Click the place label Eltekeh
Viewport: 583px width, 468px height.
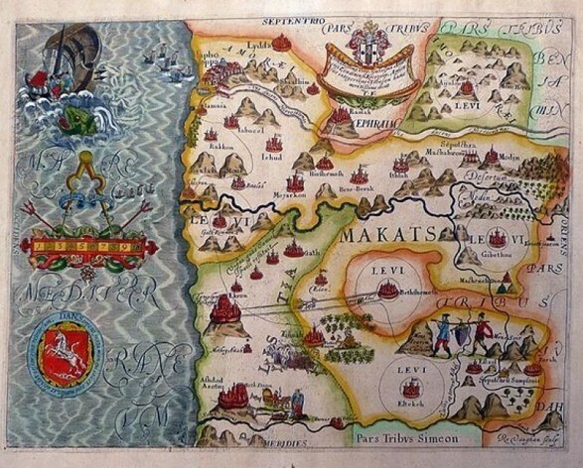pyautogui.click(x=409, y=404)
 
